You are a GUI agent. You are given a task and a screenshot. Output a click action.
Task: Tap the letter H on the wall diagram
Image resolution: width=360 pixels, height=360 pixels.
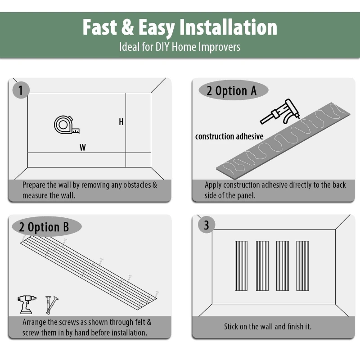[x=121, y=122]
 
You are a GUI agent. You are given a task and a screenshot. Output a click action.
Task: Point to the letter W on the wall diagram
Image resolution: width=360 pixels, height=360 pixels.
[x=83, y=147]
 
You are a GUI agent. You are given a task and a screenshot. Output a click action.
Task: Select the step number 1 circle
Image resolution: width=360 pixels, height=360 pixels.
[x=20, y=90]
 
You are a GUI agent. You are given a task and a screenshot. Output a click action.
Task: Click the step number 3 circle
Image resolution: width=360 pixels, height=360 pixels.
[x=207, y=225]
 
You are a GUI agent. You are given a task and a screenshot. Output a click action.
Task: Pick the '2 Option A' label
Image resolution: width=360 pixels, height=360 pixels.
[x=231, y=91]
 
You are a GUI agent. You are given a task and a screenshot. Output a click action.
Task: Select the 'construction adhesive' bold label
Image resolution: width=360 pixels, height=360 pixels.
[x=229, y=136]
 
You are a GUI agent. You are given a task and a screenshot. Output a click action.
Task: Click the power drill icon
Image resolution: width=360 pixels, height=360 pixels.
[x=27, y=304]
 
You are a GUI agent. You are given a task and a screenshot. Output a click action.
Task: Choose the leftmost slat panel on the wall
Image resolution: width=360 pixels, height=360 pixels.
[x=241, y=265]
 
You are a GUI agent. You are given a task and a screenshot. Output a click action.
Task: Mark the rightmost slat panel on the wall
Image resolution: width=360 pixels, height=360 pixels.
[x=302, y=265]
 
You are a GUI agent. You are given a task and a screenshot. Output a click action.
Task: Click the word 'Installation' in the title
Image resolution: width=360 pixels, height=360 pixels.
[x=228, y=27]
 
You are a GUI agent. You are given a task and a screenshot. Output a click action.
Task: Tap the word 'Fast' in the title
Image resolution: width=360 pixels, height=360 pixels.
[x=100, y=27]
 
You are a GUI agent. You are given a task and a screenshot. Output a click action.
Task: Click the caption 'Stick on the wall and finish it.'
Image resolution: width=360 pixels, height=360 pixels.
[x=268, y=326]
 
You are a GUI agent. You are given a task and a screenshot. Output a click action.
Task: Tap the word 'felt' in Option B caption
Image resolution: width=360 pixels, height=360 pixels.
[x=138, y=322]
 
